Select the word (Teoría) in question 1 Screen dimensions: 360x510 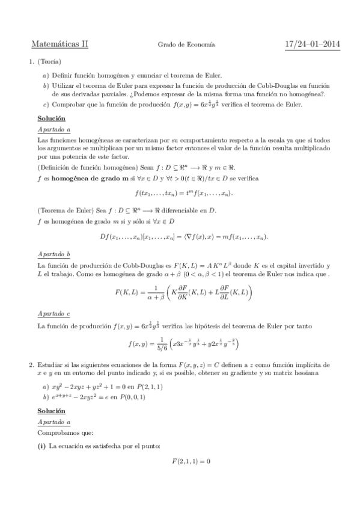point(49,62)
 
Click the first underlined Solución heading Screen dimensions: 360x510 point(51,118)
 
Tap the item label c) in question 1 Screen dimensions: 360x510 point(46,105)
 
